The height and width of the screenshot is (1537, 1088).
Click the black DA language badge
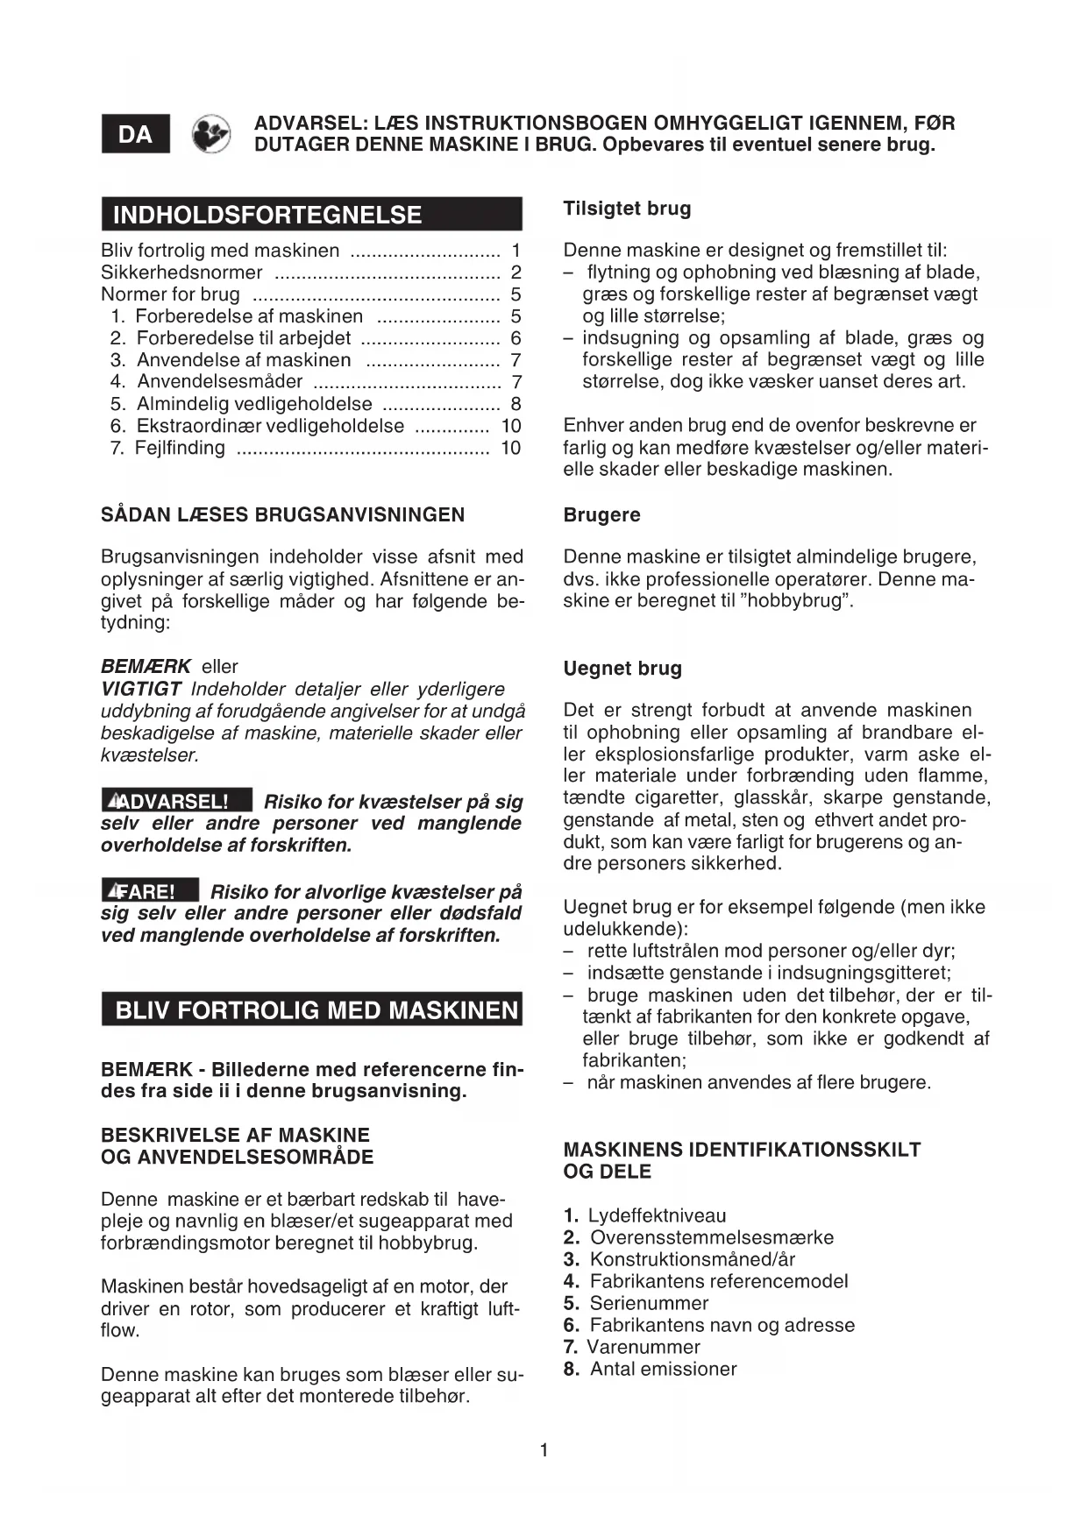pyautogui.click(x=135, y=134)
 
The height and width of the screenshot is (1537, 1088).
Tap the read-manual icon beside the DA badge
pyautogui.click(x=211, y=134)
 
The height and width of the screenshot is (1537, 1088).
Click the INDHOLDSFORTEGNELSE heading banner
pyautogui.click(x=311, y=215)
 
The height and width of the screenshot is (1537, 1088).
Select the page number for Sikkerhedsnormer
pyautogui.click(x=516, y=273)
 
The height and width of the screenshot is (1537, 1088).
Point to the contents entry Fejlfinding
pyautogui.click(x=180, y=449)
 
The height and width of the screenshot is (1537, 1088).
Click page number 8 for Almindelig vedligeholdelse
pyautogui.click(x=516, y=404)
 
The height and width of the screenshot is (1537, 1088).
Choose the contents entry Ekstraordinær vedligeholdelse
pyautogui.click(x=269, y=427)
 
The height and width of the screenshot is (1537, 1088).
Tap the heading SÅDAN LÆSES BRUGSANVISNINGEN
pyautogui.click(x=282, y=514)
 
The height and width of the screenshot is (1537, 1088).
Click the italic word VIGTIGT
pyautogui.click(x=141, y=689)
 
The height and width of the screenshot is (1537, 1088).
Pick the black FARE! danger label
pyautogui.click(x=150, y=891)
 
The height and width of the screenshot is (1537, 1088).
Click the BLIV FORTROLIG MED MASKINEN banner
pyautogui.click(x=311, y=1010)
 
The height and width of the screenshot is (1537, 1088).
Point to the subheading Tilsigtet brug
pyautogui.click(x=627, y=209)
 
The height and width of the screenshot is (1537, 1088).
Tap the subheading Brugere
pyautogui.click(x=601, y=514)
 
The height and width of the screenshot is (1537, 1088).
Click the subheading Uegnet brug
pyautogui.click(x=622, y=669)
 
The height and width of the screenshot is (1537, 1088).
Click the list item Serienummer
pyautogui.click(x=648, y=1303)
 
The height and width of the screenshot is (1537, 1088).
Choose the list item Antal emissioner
pyautogui.click(x=663, y=1369)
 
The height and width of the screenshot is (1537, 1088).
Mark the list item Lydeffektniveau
pyautogui.click(x=657, y=1215)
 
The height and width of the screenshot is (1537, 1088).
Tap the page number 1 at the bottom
pyautogui.click(x=544, y=1450)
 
